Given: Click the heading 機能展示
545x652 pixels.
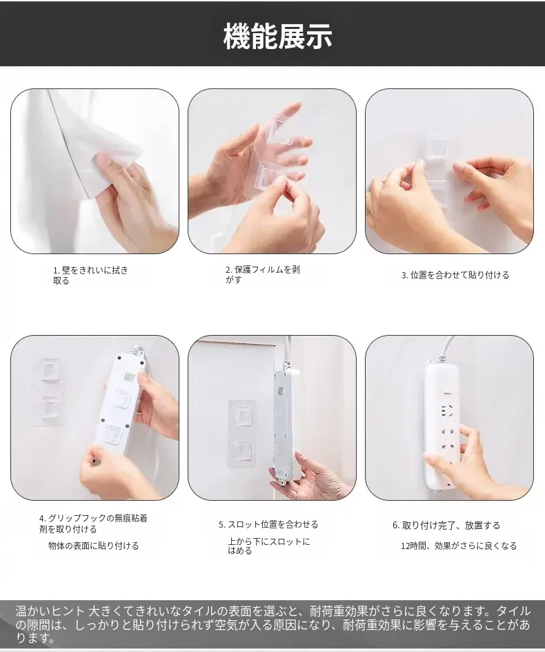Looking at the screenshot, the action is [277, 36].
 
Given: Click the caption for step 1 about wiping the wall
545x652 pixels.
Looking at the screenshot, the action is [90, 276].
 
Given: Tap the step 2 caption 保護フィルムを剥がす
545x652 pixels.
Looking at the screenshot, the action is [263, 274].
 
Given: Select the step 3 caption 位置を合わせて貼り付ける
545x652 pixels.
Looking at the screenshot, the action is [455, 275].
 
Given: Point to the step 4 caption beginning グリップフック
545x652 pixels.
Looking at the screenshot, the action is [93, 524].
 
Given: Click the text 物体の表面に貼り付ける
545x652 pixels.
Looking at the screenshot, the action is [93, 546].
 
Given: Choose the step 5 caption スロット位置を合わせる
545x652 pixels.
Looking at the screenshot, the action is [268, 524].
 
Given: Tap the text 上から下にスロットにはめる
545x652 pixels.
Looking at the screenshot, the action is [269, 546].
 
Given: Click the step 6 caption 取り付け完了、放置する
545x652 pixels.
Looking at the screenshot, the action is [446, 525].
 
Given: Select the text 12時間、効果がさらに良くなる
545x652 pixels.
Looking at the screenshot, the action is [459, 546].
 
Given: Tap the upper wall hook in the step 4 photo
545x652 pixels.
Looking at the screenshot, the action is [50, 370].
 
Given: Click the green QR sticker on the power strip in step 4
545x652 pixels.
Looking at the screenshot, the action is [129, 376].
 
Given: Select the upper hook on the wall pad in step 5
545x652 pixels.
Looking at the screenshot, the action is [244, 416].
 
